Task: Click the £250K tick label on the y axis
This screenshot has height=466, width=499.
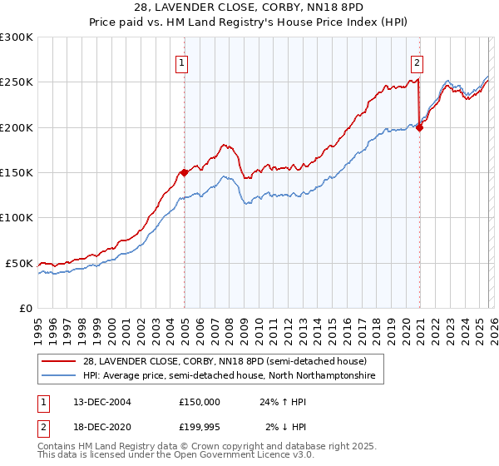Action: tap(17, 82)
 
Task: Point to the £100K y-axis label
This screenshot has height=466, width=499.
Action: tap(17, 217)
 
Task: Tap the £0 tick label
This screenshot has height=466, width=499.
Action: tap(25, 308)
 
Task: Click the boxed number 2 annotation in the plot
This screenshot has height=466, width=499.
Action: tap(416, 61)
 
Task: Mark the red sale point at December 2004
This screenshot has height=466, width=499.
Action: tap(184, 172)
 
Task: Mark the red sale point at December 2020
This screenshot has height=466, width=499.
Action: tap(419, 127)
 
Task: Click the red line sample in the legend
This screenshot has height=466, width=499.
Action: tap(60, 361)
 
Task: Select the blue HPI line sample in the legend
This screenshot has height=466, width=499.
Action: tap(60, 376)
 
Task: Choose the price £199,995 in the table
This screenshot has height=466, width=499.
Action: tap(200, 427)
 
